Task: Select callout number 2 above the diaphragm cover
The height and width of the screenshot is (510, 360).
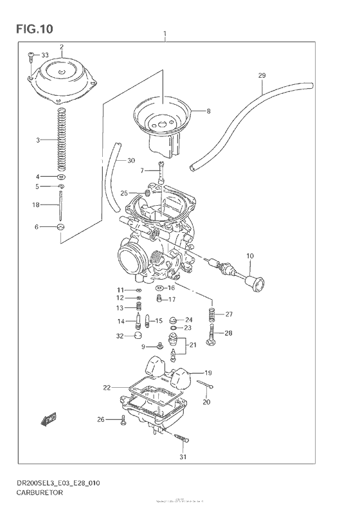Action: point(62,47)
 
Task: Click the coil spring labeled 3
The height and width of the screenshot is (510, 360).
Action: point(61,138)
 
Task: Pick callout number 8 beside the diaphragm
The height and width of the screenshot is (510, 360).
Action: point(208,111)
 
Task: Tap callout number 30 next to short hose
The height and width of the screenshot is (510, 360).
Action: point(131,160)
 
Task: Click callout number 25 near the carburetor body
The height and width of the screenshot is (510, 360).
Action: point(124,192)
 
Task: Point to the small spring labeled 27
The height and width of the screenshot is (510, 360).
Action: point(210,314)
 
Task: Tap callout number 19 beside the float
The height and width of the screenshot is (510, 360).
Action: point(208,373)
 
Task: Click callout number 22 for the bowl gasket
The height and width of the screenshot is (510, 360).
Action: point(107,388)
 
